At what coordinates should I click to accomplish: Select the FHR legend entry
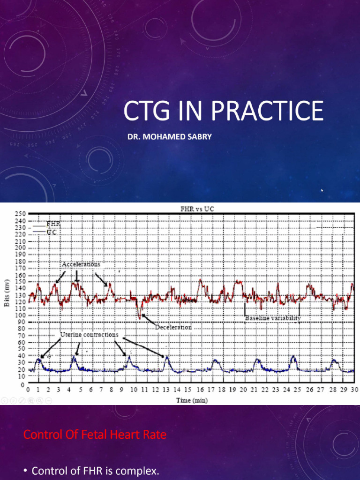pos(53,224)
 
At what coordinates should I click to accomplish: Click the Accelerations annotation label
pos(81,264)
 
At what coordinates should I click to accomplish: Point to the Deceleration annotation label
pos(173,327)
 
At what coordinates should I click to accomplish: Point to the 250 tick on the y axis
pos(20,214)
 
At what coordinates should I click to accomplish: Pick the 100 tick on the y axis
pos(20,315)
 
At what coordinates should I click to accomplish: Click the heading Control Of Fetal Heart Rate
pos(95,435)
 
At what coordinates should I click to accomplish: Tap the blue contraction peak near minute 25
pos(293,357)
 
